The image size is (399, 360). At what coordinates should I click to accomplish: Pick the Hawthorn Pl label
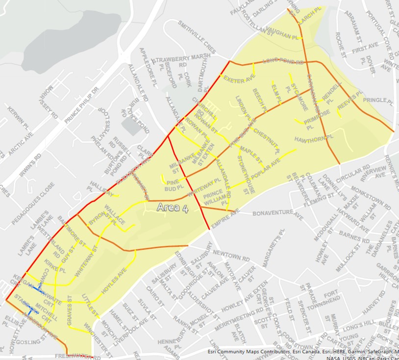(314, 139)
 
